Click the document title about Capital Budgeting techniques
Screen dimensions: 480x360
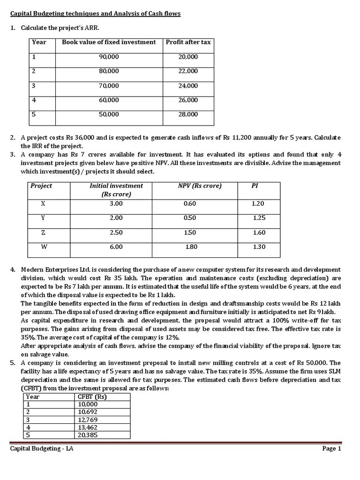click(95, 14)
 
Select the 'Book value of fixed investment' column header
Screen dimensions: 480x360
click(109, 42)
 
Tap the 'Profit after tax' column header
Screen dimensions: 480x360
click(188, 42)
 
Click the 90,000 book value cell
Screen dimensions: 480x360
click(109, 57)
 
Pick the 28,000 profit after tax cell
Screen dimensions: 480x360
click(188, 114)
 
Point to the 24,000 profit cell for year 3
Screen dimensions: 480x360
click(188, 86)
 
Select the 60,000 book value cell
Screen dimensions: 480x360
click(109, 100)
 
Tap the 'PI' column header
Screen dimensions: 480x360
click(255, 186)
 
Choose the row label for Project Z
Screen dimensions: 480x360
click(43, 232)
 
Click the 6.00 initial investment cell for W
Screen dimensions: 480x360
click(116, 247)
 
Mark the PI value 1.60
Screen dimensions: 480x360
click(259, 232)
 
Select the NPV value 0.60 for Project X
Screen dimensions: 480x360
click(190, 203)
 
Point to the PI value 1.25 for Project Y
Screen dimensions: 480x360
click(259, 218)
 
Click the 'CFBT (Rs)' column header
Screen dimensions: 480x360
click(92, 397)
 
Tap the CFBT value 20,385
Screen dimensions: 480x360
click(88, 435)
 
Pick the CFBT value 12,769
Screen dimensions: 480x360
click(88, 420)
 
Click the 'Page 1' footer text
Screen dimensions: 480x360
click(331, 449)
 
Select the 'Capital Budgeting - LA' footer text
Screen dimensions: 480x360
click(42, 449)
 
